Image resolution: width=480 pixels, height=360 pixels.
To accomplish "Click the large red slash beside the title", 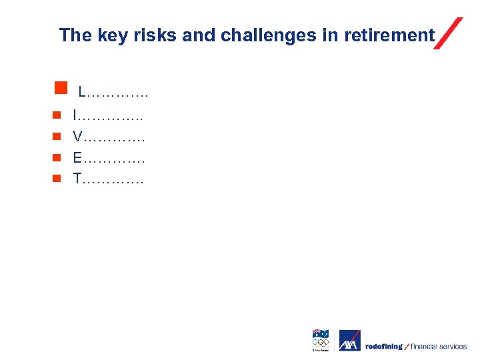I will [x=448, y=33].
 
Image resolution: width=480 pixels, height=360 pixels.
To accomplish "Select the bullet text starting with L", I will [x=113, y=91].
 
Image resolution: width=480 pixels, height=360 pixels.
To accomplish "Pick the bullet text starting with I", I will [x=107, y=117].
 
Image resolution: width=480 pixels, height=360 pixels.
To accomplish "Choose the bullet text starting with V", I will [x=109, y=137].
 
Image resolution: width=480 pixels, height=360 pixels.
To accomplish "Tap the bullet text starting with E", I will [x=109, y=158].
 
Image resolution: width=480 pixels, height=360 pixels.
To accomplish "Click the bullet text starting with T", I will [x=108, y=179].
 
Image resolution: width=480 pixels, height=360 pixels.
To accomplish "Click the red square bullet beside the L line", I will [x=61, y=87].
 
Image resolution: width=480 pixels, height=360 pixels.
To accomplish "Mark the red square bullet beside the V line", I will [x=57, y=137].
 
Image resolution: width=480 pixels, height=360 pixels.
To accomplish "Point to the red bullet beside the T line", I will [x=57, y=178].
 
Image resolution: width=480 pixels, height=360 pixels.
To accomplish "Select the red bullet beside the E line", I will [x=57, y=157].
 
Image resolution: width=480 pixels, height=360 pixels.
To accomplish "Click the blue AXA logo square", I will [x=349, y=341].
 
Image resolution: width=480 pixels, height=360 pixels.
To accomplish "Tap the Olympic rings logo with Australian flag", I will [x=321, y=340].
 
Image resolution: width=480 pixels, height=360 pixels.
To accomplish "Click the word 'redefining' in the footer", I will [x=384, y=347].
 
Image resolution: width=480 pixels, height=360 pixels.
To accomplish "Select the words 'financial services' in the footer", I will [x=439, y=347].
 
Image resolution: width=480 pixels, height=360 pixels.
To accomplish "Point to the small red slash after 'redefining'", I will [x=407, y=346].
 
